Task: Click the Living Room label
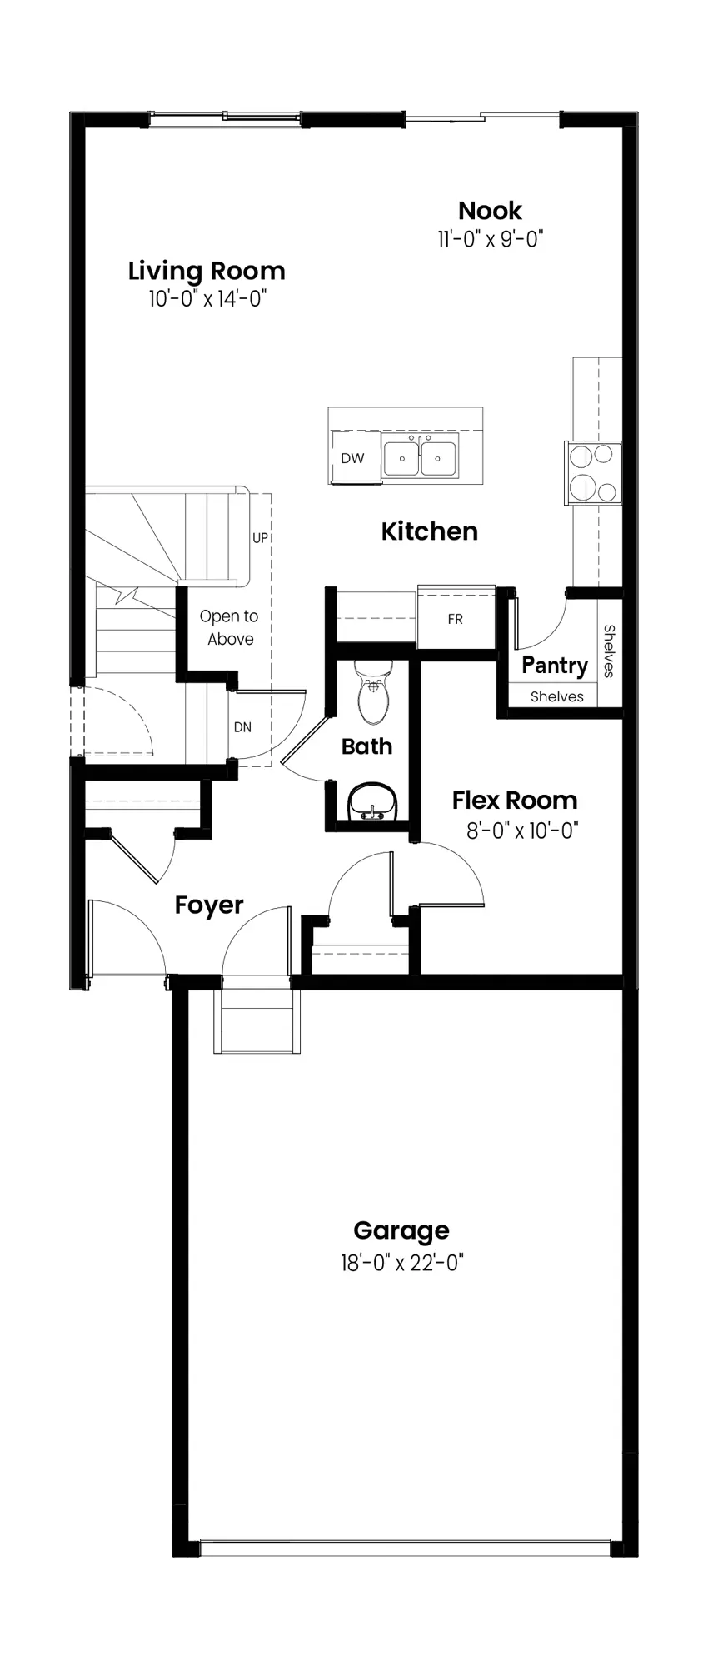[x=207, y=271]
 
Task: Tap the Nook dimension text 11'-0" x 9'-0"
[x=491, y=239]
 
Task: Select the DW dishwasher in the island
[x=354, y=457]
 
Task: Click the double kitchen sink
[x=420, y=457]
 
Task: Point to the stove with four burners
[x=594, y=472]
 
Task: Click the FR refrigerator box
[x=456, y=618]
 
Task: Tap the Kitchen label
[x=430, y=531]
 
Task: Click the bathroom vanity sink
[x=373, y=802]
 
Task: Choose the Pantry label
[x=555, y=666]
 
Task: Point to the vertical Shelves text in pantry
[x=609, y=651]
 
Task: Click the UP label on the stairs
[x=261, y=538]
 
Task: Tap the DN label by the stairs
[x=242, y=727]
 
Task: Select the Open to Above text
[x=229, y=627]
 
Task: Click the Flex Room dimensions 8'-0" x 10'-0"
[x=522, y=831]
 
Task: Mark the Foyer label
[x=209, y=905]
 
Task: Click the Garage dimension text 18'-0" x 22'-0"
[x=401, y=1263]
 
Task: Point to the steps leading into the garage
[x=257, y=1020]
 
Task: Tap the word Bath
[x=366, y=746]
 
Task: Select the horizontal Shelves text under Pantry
[x=557, y=696]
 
